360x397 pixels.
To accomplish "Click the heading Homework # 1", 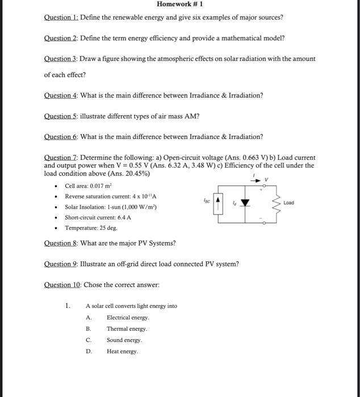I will click(179, 5).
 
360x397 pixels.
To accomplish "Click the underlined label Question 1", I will click(61, 17).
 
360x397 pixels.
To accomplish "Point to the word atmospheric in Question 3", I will click(177, 59).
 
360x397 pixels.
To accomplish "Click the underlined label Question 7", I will click(61, 158).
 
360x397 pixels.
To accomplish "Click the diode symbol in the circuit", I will click(245, 202).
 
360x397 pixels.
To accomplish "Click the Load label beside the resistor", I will click(289, 202).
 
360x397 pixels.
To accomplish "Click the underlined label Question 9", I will click(61, 264).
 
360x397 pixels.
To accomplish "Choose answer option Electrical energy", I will click(128, 318).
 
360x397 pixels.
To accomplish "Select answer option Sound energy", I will click(124, 340).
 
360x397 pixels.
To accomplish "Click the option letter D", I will click(89, 352).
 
